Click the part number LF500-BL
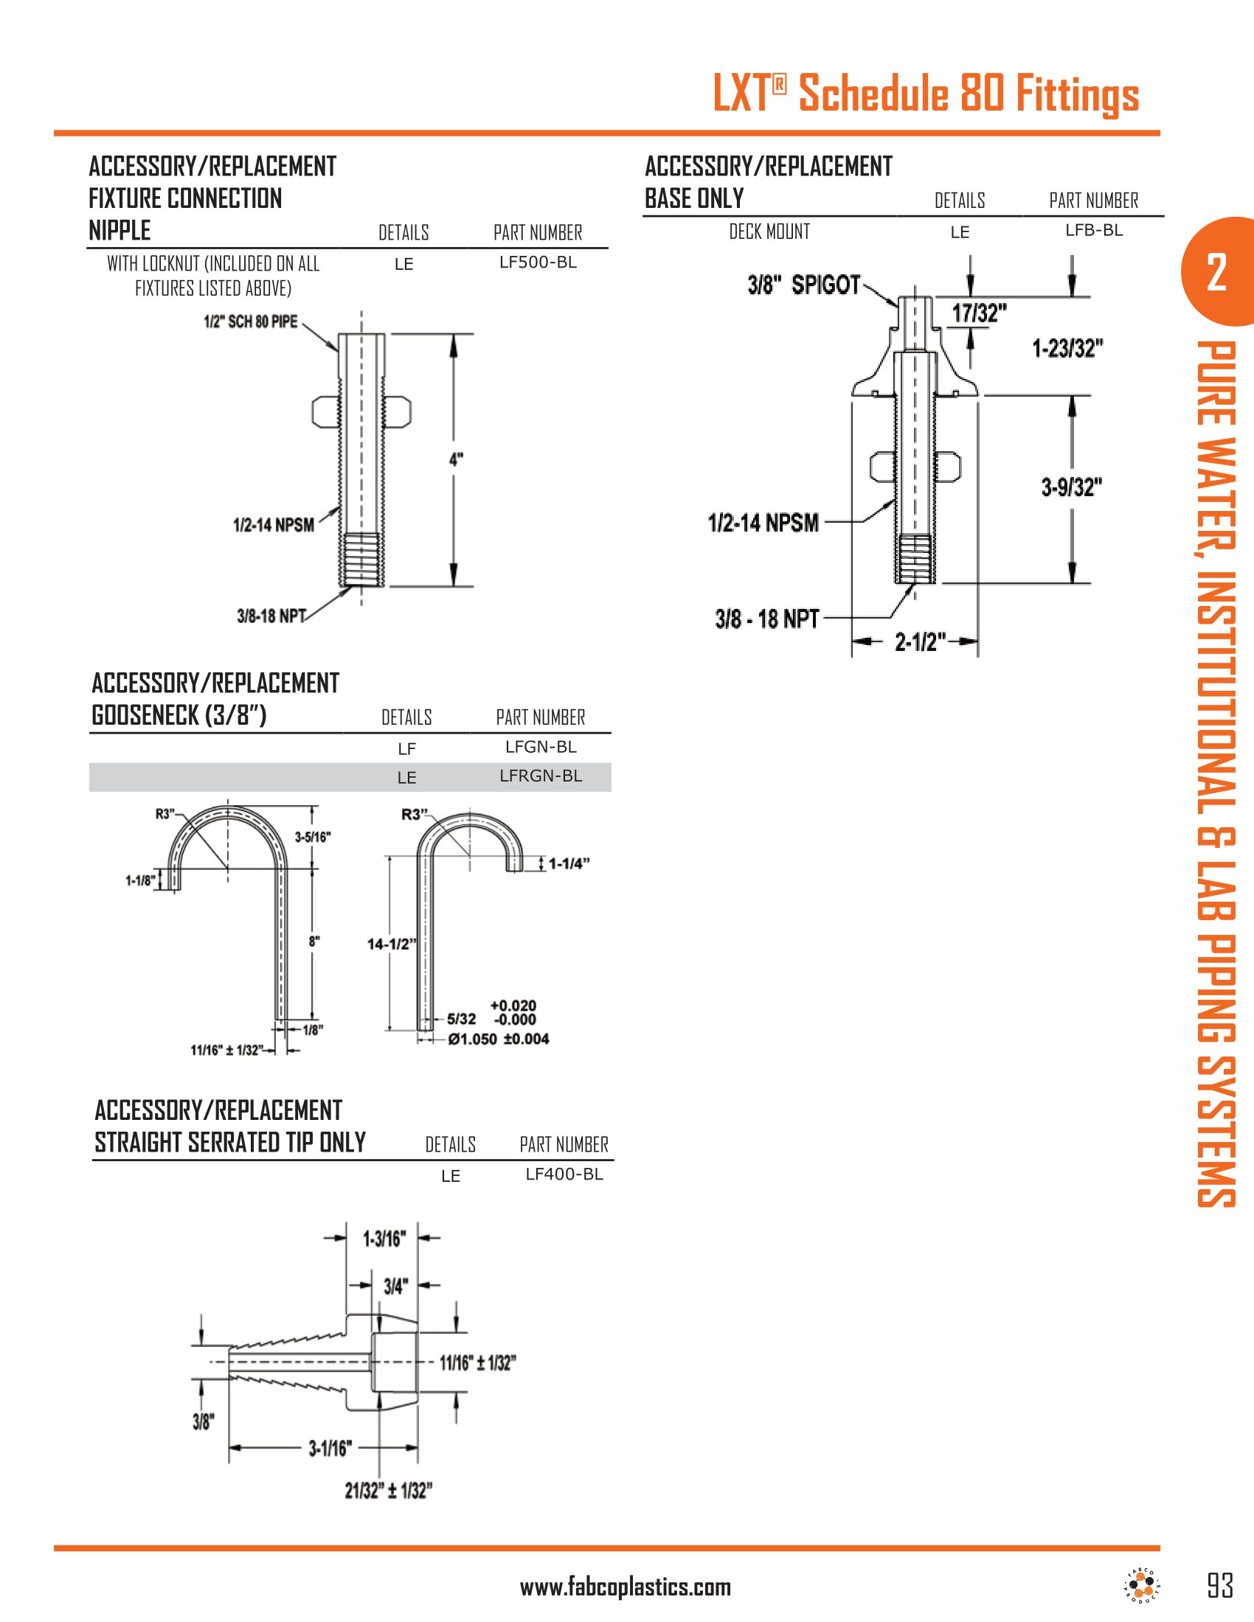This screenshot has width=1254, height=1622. pyautogui.click(x=538, y=262)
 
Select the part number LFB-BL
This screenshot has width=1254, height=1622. pyautogui.click(x=1093, y=230)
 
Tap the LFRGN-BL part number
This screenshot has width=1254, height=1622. pyautogui.click(x=540, y=776)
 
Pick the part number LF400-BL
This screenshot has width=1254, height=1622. pyautogui.click(x=564, y=1174)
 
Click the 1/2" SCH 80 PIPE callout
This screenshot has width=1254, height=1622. pyautogui.click(x=250, y=321)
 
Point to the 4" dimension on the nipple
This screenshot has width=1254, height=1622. pyautogui.click(x=456, y=460)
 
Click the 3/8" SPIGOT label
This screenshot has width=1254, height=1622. pyautogui.click(x=804, y=285)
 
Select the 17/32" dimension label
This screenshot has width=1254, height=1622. pyautogui.click(x=979, y=313)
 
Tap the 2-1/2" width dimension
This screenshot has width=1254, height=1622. pyautogui.click(x=921, y=641)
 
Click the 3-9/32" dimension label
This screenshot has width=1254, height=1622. pyautogui.click(x=1071, y=487)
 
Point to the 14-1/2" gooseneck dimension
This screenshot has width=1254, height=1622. pyautogui.click(x=391, y=944)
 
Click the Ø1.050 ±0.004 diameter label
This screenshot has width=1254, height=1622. pyautogui.click(x=499, y=1039)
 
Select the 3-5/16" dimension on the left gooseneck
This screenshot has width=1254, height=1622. pyautogui.click(x=313, y=837)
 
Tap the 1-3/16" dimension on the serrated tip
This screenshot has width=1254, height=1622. pyautogui.click(x=384, y=1239)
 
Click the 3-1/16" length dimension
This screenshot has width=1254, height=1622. pyautogui.click(x=329, y=1448)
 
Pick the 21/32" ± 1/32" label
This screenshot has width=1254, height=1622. pyautogui.click(x=388, y=1491)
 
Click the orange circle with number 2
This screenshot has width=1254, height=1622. pyautogui.click(x=1216, y=272)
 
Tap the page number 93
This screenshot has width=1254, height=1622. pyautogui.click(x=1220, y=1586)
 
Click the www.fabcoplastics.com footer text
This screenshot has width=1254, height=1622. pyautogui.click(x=625, y=1588)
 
